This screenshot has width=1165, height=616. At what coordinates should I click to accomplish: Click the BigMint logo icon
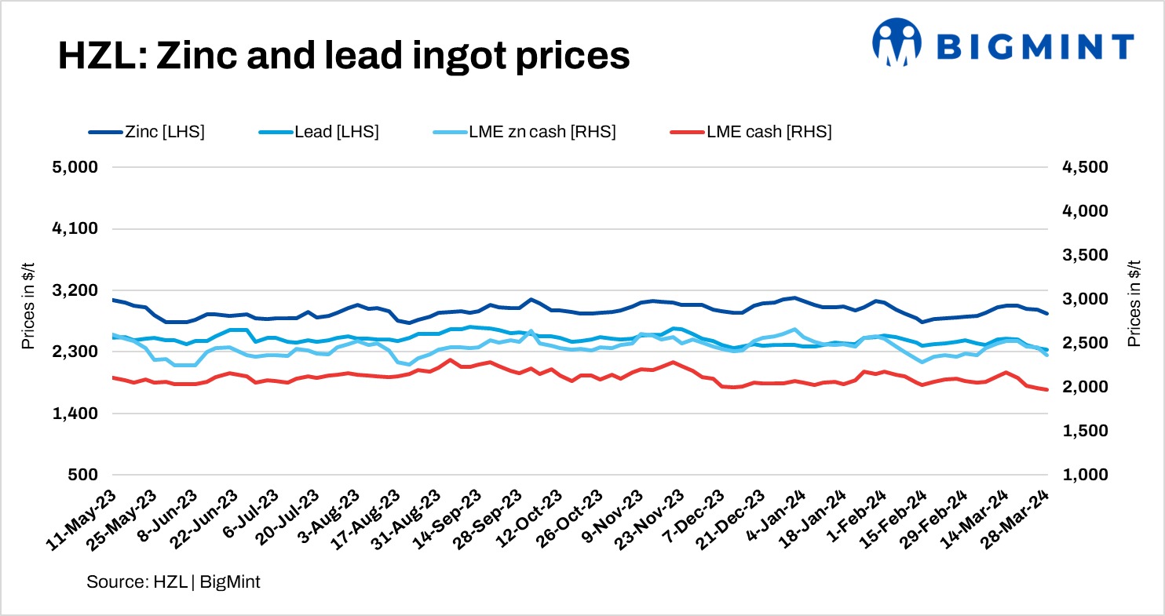[897, 42]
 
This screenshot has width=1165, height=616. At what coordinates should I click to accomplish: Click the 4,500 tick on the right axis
[1086, 167]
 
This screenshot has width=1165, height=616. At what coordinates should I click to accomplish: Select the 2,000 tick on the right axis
[1086, 387]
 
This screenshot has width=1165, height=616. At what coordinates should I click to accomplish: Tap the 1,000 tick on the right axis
[1086, 475]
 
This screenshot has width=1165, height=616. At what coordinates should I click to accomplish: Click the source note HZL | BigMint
[173, 582]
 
